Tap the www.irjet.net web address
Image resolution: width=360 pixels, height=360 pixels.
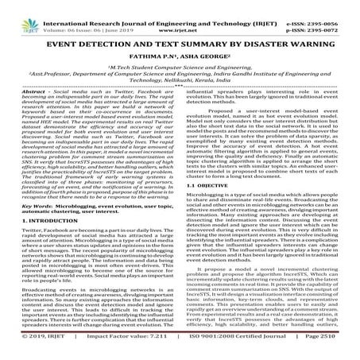coord(179,14)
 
